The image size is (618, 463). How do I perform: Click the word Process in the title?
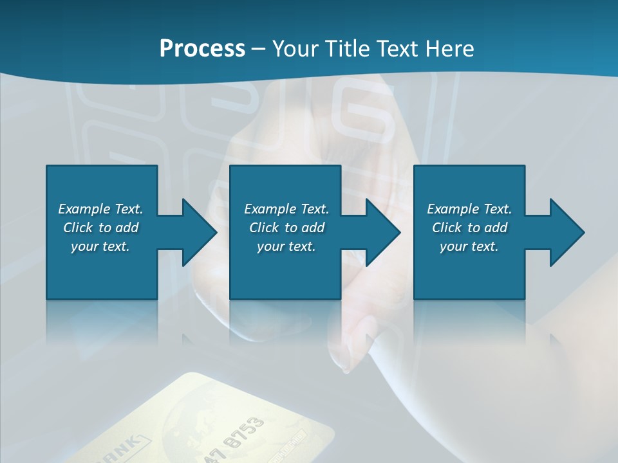click(x=202, y=48)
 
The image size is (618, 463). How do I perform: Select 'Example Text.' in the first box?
click(x=100, y=209)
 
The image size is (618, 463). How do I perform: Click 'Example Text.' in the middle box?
click(x=286, y=209)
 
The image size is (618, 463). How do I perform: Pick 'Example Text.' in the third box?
click(x=469, y=209)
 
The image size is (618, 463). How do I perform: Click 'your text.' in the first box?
click(x=100, y=246)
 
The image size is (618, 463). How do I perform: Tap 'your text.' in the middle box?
click(x=286, y=246)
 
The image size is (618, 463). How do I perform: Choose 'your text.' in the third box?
click(x=469, y=246)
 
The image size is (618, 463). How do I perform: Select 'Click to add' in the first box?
click(x=100, y=228)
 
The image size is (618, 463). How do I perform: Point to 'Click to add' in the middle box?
click(x=286, y=228)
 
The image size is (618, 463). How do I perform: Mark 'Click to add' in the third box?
click(x=469, y=228)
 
